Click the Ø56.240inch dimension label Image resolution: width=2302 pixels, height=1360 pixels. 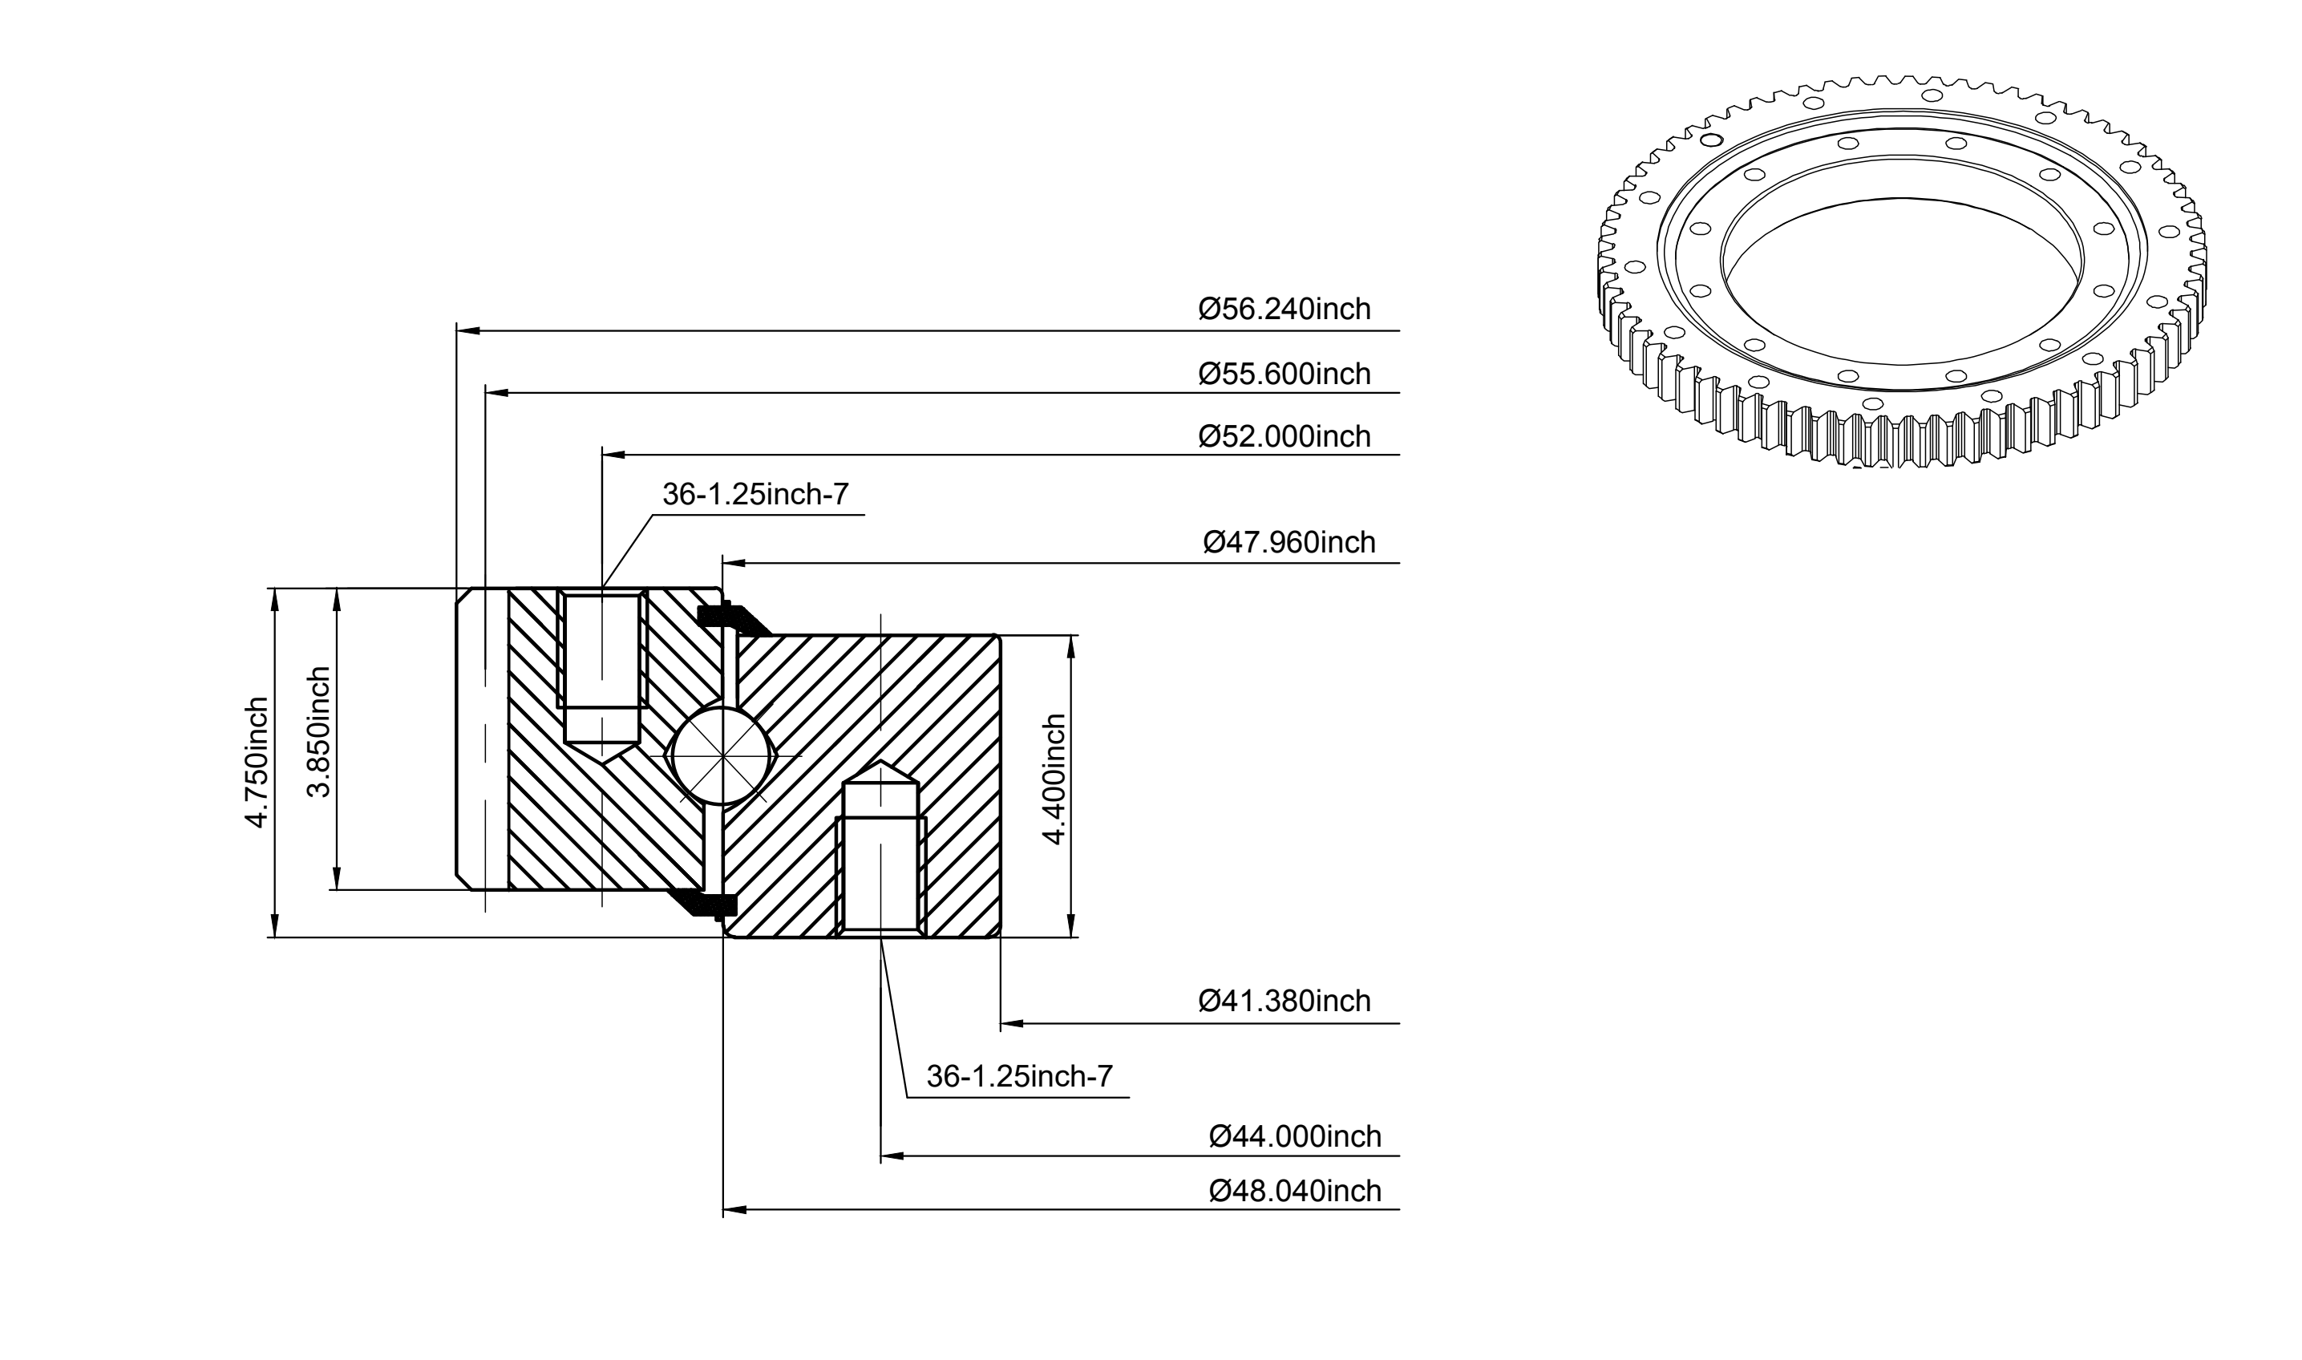pos(1285,309)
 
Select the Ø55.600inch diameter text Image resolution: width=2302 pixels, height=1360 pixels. pos(1285,374)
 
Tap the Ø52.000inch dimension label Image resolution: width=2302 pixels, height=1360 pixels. pos(1285,436)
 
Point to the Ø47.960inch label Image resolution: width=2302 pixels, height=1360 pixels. pos(1289,543)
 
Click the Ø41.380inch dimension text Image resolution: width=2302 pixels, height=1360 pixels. pos(1285,1001)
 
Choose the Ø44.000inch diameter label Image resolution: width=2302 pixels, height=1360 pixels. pos(1295,1136)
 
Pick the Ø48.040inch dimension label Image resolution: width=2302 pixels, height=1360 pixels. pos(1295,1191)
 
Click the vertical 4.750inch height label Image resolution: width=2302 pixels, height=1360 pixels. pos(257,763)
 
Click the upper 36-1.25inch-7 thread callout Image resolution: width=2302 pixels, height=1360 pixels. pos(756,495)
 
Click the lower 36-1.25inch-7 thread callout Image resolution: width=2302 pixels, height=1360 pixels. pos(1019,1076)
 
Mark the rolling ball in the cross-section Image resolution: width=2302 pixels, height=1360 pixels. pos(722,756)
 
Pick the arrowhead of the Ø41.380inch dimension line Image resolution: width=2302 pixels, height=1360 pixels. pos(1012,1022)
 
